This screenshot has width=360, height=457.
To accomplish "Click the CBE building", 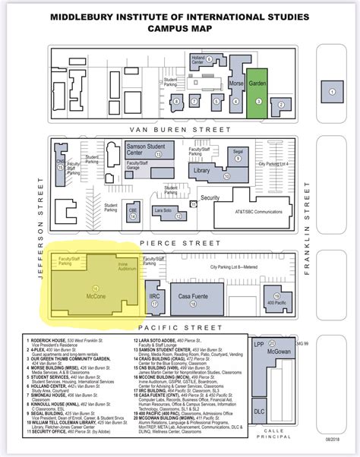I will tap(132, 210).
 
